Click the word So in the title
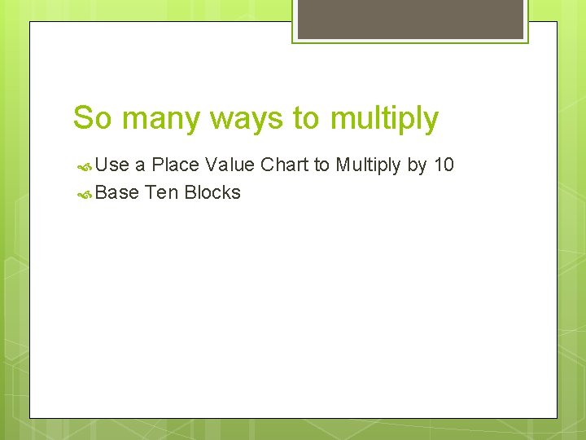click(93, 118)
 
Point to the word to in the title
click(307, 118)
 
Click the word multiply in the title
click(384, 120)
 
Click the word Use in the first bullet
click(112, 165)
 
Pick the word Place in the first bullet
click(175, 165)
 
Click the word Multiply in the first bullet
click(368, 166)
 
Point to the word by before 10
click(417, 166)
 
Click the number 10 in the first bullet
click(444, 165)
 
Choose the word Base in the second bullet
click(117, 193)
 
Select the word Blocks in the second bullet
click(212, 193)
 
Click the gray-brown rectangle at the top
click(410, 19)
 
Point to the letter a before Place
click(140, 166)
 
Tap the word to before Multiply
click(321, 165)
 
